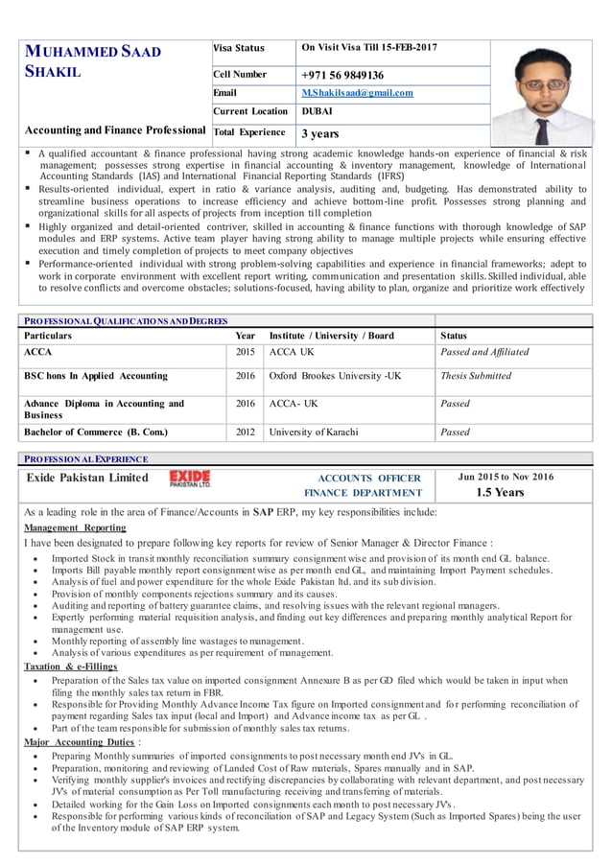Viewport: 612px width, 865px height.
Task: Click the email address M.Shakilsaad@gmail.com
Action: click(357, 93)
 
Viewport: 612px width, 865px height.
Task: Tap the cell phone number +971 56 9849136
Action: click(342, 75)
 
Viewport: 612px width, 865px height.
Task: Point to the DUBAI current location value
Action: click(318, 111)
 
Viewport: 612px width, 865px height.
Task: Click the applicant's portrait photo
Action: click(544, 92)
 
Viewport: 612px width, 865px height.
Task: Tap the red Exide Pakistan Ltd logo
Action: click(190, 478)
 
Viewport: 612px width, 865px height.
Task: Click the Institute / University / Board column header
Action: click(332, 337)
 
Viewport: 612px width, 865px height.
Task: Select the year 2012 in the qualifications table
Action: click(245, 432)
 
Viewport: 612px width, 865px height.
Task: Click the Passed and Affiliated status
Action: click(483, 352)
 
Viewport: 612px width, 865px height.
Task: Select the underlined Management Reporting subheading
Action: click(74, 527)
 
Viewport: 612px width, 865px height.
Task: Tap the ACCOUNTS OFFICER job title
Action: click(368, 478)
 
